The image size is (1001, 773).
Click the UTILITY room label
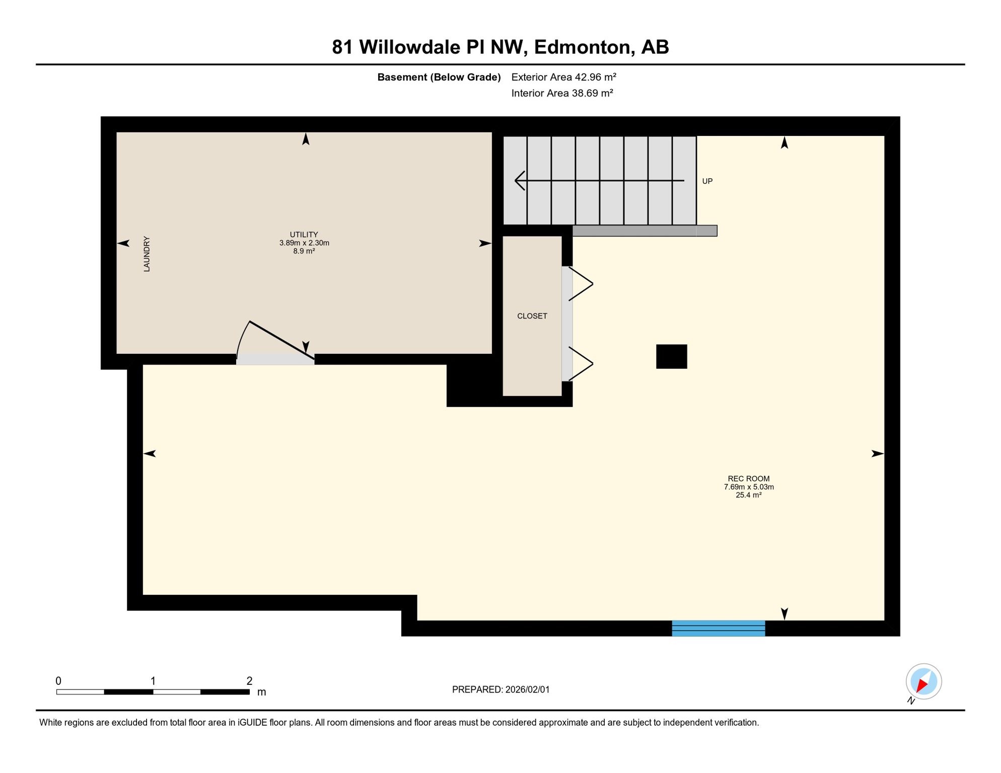pos(304,235)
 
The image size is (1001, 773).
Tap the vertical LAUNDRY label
pos(147,254)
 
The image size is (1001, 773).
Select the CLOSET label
pos(532,316)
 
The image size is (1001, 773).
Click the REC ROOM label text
pos(748,479)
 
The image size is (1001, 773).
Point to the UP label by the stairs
pos(707,181)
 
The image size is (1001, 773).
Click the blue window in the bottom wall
pos(718,628)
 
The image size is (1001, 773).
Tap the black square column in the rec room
pos(671,356)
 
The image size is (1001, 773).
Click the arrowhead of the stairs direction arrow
pos(519,180)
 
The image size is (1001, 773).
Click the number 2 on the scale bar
pos(249,681)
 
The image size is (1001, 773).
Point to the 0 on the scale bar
pos(58,681)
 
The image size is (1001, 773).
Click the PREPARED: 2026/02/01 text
pos(500,689)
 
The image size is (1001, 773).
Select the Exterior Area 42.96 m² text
pos(563,77)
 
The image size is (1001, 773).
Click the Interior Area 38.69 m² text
pos(562,93)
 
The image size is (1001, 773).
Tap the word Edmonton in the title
pos(582,47)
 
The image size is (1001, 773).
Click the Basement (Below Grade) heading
pos(439,77)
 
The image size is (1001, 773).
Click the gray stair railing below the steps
pos(645,230)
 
